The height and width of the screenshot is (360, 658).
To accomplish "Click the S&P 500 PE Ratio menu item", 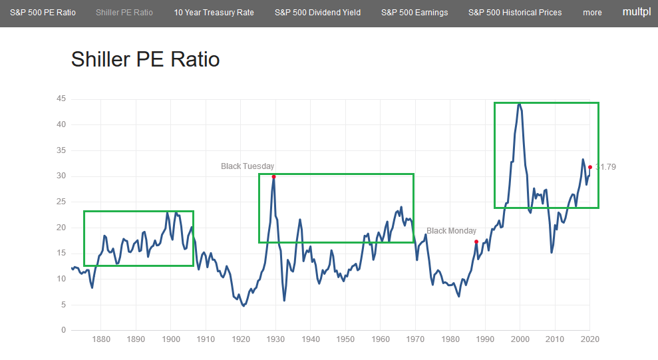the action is pos(43,13).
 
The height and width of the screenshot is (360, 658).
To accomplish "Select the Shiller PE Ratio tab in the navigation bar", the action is pos(124,13).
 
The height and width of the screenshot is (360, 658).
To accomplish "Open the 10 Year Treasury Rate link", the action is pos(214,13).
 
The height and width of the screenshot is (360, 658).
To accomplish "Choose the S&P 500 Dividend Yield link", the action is pos(317,13).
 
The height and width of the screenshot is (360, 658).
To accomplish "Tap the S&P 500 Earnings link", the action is pos(414,13).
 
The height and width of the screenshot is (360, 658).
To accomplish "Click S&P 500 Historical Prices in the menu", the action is pos(515,13).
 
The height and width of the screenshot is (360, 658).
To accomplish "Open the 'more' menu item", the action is pos(592,13).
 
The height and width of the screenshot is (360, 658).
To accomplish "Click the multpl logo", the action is pos(637,12).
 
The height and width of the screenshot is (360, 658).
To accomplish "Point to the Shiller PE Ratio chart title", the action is pos(145,59).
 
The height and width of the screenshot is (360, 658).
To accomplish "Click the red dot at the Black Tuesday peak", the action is pos(273,176).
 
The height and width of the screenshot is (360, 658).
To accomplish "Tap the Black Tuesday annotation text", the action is pos(247,166).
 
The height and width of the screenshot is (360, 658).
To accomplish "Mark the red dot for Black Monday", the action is pos(476,242).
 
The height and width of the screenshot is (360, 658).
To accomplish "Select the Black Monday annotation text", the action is pos(452,231).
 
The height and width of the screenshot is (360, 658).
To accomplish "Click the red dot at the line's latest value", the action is pos(590,167).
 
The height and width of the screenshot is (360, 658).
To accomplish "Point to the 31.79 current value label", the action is pos(606,167).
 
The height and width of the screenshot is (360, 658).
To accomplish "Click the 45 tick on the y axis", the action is pos(61,98).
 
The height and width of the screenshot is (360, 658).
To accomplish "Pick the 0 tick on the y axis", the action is pos(64,330).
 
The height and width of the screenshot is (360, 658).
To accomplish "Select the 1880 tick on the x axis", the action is pos(101,339).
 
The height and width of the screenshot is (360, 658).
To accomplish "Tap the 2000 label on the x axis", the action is pos(520,339).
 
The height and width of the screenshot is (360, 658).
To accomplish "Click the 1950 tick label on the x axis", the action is pos(345,339).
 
